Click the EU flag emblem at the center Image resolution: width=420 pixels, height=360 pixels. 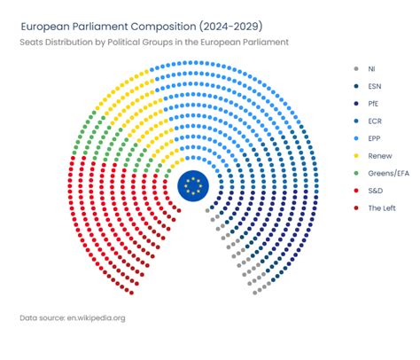click(x=193, y=187)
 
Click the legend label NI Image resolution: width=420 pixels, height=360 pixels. click(x=372, y=68)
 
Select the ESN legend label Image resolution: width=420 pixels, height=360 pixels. click(x=375, y=86)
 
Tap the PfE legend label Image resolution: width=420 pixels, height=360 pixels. click(x=374, y=104)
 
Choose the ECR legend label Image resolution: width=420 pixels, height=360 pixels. click(x=375, y=121)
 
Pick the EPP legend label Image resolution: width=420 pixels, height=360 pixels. click(x=375, y=138)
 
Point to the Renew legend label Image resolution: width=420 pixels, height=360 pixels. click(x=379, y=155)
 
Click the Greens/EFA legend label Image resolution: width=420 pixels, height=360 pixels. click(x=388, y=173)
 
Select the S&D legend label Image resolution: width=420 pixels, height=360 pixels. click(x=375, y=190)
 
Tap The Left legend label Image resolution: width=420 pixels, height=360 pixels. click(x=382, y=207)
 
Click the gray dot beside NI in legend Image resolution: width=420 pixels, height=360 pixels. click(x=355, y=68)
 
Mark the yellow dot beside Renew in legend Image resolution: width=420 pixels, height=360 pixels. click(x=355, y=155)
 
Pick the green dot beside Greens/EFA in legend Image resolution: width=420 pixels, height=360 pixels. click(x=355, y=173)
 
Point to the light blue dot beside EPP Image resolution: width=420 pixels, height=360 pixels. click(x=355, y=138)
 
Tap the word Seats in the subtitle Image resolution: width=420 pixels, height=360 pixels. click(x=32, y=42)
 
